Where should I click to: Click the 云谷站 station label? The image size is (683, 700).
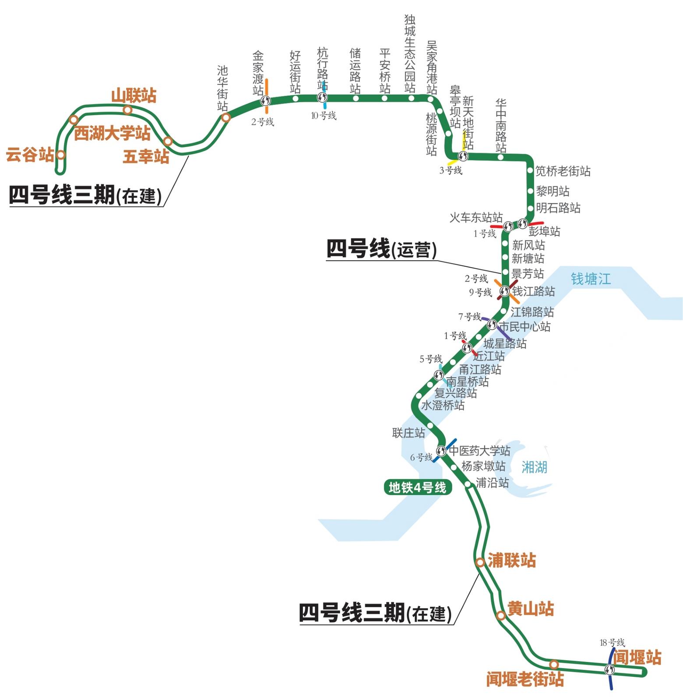coord(30,155)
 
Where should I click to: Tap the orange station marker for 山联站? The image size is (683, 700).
coord(127,110)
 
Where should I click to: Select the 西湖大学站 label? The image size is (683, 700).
coord(112,133)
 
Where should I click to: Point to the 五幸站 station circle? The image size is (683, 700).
coord(168,141)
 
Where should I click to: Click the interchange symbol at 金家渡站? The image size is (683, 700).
coord(265,101)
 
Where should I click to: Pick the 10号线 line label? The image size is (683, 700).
coord(324,116)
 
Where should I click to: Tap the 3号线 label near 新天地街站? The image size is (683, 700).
coord(451,171)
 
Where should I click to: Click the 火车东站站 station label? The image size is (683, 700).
coord(476,217)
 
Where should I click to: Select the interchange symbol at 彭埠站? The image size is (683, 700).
coord(522,224)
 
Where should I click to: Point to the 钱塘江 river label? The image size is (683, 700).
coord(590,279)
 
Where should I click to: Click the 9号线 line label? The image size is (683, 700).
coord(480,292)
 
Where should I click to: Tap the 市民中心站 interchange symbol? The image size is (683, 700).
coord(492,325)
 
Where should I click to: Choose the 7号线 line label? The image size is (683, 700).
coord(469,316)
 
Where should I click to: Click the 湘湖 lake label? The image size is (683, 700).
coord(534,467)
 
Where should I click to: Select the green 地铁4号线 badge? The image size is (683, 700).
coord(417,487)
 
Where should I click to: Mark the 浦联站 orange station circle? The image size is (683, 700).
coord(480,562)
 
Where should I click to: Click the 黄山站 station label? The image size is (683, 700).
coord(531,609)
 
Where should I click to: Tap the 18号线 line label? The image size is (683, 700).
coord(612,643)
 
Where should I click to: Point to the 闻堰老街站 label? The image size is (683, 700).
coord(525,679)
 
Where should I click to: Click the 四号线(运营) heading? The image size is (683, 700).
coord(381,249)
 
